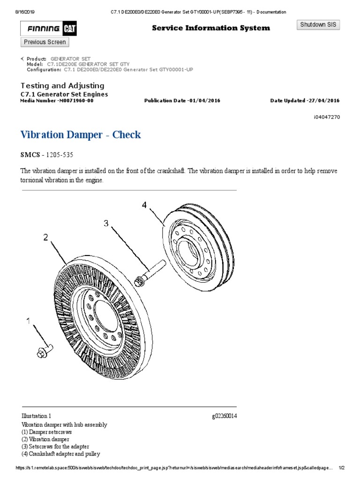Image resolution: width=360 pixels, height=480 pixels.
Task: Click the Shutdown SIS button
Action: pyautogui.click(x=319, y=25)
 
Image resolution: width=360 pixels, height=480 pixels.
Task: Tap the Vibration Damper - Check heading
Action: pyautogui.click(x=81, y=135)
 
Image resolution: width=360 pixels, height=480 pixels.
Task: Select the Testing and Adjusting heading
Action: pyautogui.click(x=62, y=86)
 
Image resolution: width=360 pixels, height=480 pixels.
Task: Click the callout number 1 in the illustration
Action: pyautogui.click(x=30, y=321)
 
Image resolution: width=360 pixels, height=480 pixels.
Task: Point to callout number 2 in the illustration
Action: pyautogui.click(x=46, y=238)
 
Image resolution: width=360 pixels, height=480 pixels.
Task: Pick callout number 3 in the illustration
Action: pyautogui.click(x=106, y=224)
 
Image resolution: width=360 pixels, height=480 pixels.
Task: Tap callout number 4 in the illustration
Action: pyautogui.click(x=145, y=205)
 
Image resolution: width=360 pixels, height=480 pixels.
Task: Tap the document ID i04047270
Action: pyautogui.click(x=327, y=118)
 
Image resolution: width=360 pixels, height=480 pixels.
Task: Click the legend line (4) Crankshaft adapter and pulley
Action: pyautogui.click(x=60, y=454)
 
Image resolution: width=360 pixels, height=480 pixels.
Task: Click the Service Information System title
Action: pyautogui.click(x=211, y=28)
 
